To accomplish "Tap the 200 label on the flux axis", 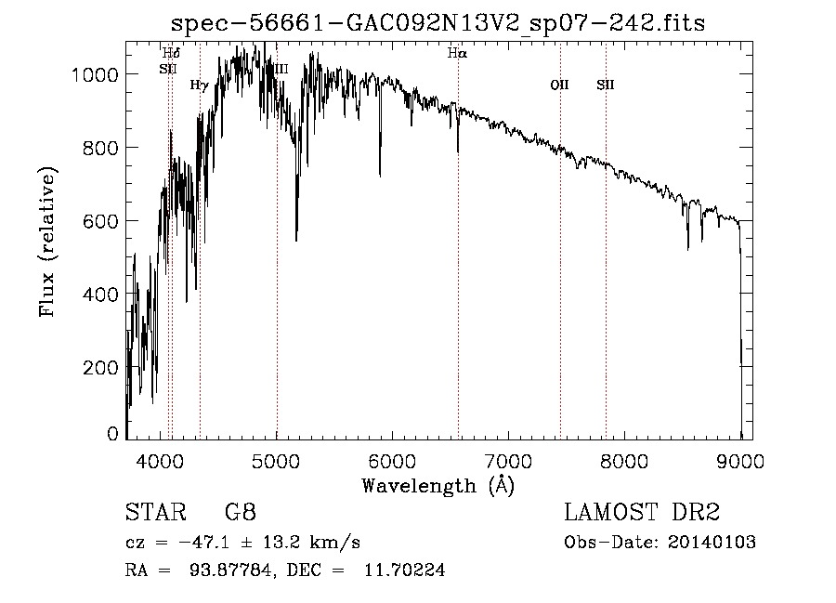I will [x=100, y=367].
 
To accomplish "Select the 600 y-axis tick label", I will [x=100, y=221].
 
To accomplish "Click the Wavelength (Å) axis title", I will [x=438, y=484].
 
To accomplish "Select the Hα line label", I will [x=456, y=53].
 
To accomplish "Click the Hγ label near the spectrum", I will [x=199, y=85].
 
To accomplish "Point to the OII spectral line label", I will [x=559, y=85].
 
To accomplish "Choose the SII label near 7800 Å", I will [x=606, y=85].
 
